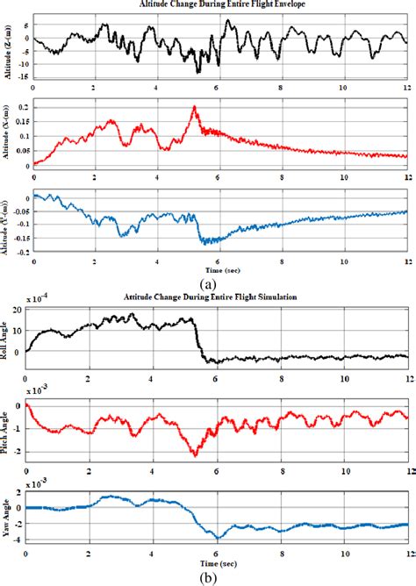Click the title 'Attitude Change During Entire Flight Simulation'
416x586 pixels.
(x=208, y=298)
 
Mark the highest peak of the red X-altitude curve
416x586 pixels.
(x=194, y=107)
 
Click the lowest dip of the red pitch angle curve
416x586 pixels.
(x=195, y=455)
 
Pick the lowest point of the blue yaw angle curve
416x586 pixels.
(x=217, y=537)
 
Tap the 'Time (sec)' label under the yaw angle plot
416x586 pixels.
(x=217, y=561)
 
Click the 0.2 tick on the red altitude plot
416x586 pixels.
(x=24, y=106)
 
